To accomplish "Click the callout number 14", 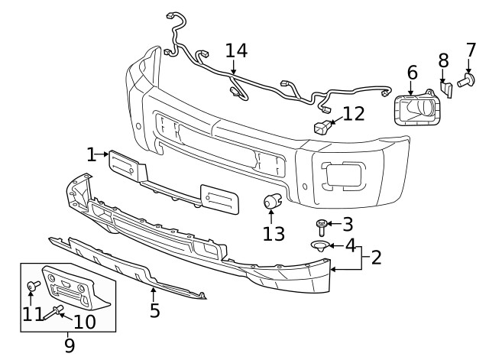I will point(236,50).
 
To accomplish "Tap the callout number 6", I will point(412,73).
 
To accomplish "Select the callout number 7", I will point(471,52).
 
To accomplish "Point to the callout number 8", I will point(443,60).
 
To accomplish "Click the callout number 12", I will point(354,114).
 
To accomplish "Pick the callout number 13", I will point(274,233).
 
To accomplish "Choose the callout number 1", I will point(92,155).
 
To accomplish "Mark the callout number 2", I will point(376,257).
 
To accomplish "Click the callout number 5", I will point(154,310).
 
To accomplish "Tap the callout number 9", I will point(69,345).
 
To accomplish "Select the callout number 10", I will point(84,321).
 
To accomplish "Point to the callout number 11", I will point(32,314).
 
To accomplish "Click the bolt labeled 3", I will point(322,225).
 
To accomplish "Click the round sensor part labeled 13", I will point(271,203).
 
